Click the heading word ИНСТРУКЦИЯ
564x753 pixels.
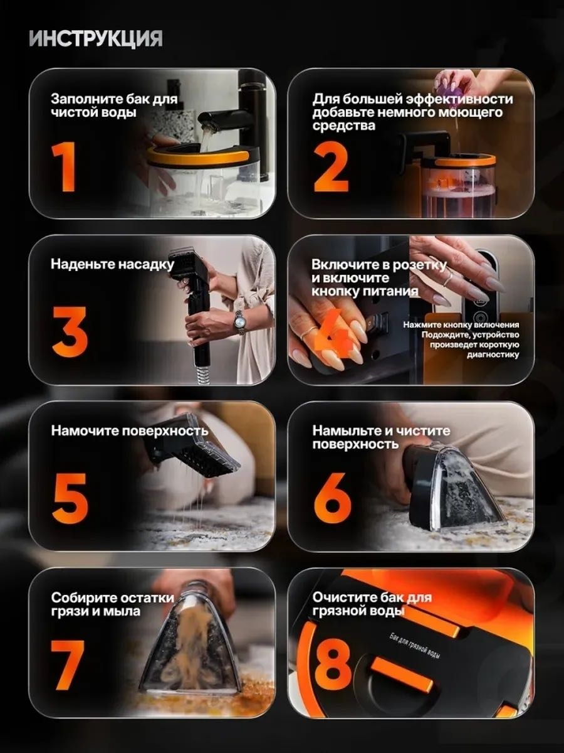[96, 38]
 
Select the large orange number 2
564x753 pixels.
[331, 167]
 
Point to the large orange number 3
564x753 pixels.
[70, 331]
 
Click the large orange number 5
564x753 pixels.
[70, 498]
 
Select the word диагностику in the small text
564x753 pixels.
[493, 355]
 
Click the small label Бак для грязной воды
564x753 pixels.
[414, 645]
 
